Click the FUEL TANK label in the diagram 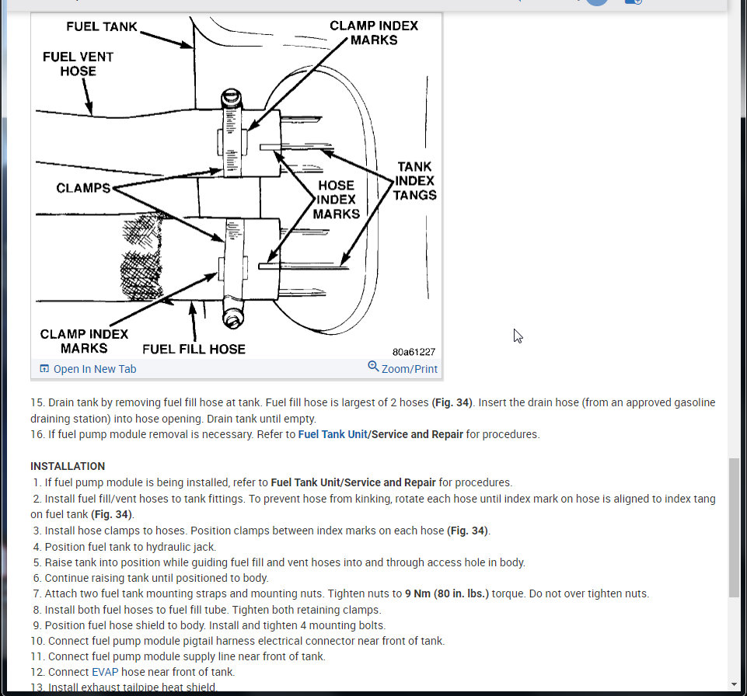102,26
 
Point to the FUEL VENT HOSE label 78,64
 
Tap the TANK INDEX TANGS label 414,181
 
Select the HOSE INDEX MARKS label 336,199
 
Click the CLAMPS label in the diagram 83,188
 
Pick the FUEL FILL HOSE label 194,350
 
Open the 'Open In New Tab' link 88,369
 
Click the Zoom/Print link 403,369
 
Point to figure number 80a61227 414,352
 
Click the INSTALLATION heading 68,466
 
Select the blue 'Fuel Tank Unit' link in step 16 333,434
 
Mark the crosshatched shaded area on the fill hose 140,256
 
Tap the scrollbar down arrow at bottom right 734,685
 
